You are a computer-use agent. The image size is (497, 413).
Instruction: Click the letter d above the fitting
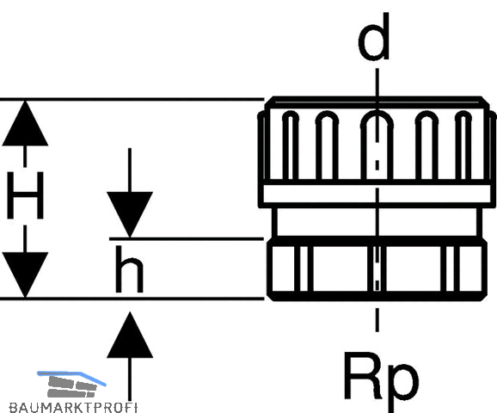[x=374, y=37]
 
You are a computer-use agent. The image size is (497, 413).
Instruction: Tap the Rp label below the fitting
[x=381, y=380]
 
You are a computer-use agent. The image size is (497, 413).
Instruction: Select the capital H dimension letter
[x=25, y=195]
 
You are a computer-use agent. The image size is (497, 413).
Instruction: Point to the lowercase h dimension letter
[x=129, y=269]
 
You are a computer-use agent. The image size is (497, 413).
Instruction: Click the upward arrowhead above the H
[x=25, y=123]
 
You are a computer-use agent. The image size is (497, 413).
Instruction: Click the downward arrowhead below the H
[x=25, y=275]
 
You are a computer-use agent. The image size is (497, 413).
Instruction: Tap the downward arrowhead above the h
[x=130, y=214]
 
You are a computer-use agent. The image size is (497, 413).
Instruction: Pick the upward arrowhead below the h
[x=130, y=335]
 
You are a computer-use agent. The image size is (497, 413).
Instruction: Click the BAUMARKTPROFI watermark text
[x=73, y=407]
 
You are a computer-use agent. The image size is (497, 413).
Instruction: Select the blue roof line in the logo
[x=71, y=377]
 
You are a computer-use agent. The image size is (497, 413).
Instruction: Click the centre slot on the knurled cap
[x=377, y=145]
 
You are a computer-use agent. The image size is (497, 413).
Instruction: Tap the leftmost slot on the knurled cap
[x=291, y=145]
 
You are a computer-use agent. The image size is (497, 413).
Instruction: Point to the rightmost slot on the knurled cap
[x=463, y=145]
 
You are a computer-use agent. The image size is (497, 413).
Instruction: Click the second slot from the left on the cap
[x=327, y=145]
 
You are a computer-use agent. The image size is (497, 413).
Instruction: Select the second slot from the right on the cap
[x=426, y=145]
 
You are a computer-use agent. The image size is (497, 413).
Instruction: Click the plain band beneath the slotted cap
[x=377, y=194]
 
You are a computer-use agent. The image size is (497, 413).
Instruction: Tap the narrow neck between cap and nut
[x=377, y=222]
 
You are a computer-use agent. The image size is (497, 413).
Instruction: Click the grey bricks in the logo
[x=72, y=386]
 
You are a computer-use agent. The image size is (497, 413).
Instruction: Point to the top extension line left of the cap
[x=132, y=100]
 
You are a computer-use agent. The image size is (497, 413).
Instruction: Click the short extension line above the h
[x=187, y=238]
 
